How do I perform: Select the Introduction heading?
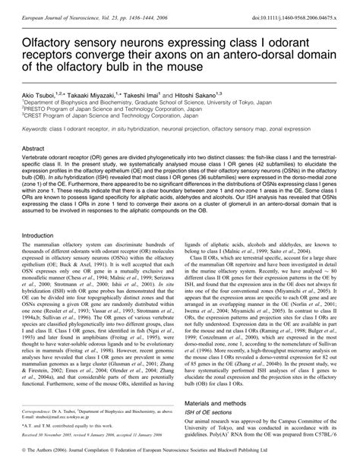coord(44,235)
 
